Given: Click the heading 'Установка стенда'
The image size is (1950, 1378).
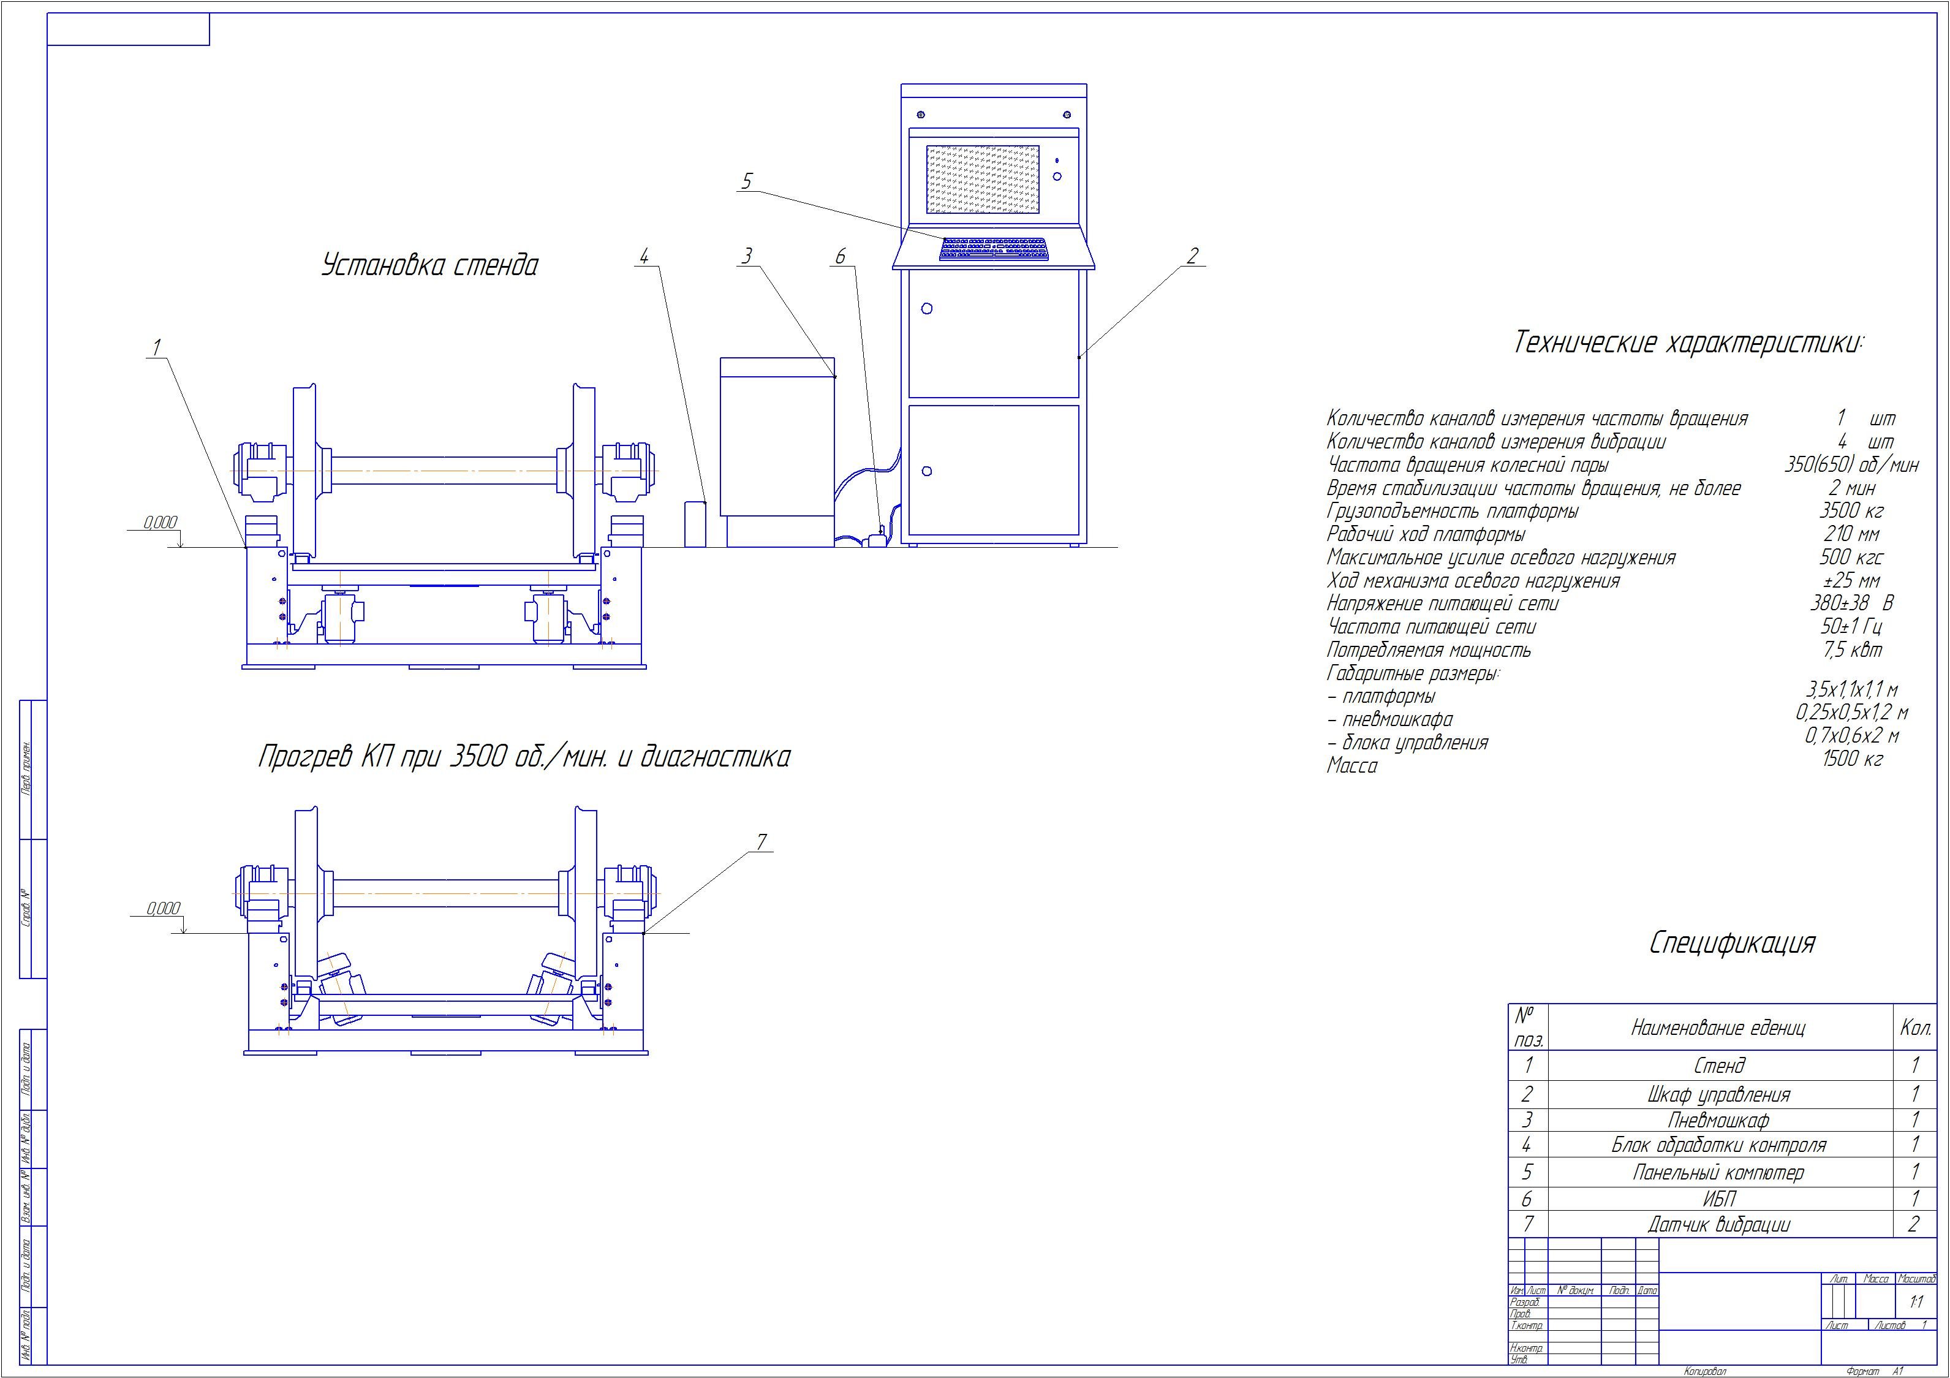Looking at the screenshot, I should point(429,266).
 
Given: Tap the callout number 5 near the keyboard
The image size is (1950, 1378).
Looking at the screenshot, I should point(747,181).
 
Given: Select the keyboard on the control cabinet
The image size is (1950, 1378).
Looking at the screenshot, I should point(994,249).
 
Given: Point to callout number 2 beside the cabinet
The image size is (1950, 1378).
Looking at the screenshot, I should point(1192,256).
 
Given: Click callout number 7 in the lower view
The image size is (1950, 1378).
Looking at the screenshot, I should point(762,842).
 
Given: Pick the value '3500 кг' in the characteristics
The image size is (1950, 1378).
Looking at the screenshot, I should point(1851,512).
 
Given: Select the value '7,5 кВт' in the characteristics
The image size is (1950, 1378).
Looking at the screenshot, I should point(1851,651).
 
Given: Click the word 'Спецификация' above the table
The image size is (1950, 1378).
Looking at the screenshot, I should point(1732,943).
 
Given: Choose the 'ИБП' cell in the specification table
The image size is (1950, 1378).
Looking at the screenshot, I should point(1718,1198).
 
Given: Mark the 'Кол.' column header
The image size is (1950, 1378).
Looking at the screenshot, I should point(1914,1028).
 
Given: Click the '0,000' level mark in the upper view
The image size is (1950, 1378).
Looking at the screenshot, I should point(161,523).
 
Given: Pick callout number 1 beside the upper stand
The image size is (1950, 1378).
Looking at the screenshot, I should point(156,347).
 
